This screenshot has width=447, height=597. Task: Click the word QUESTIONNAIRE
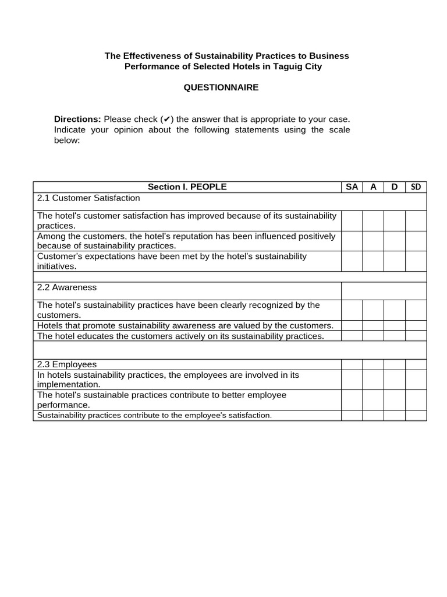(221, 87)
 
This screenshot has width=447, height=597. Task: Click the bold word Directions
(77, 119)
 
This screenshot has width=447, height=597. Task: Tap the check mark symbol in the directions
(166, 119)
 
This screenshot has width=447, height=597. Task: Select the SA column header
(352, 187)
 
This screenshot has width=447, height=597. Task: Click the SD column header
(416, 187)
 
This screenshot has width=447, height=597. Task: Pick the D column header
(394, 187)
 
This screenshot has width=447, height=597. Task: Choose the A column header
(373, 187)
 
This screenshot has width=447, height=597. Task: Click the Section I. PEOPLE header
(187, 187)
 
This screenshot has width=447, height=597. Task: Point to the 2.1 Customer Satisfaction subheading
(88, 198)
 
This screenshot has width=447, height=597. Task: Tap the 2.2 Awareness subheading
(67, 287)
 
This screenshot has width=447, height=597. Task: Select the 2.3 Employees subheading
(67, 364)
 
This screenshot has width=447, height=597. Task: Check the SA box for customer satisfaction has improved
(352, 220)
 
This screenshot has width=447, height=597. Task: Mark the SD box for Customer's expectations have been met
(416, 261)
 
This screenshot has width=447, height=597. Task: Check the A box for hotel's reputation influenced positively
(373, 241)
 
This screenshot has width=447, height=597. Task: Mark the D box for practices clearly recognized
(394, 310)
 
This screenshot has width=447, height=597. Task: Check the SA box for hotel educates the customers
(352, 336)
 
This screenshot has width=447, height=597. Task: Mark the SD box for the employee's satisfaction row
(416, 415)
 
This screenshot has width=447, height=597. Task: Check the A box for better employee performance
(373, 400)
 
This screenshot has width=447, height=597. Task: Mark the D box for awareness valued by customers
(394, 325)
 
